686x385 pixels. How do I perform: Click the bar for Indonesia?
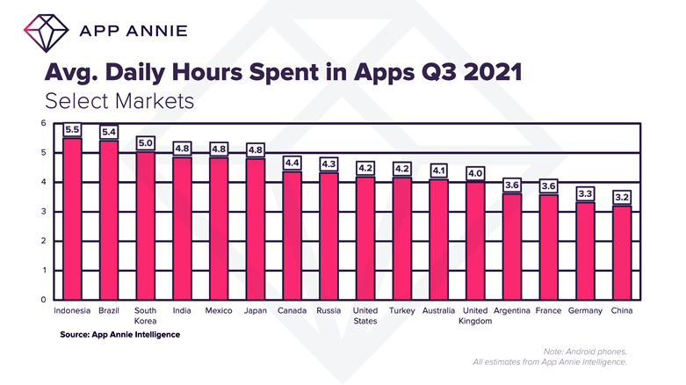tap(73, 219)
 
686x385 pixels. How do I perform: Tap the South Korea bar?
tap(146, 226)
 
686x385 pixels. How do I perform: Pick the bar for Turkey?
tap(401, 238)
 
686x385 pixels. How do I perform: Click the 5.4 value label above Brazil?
tap(110, 132)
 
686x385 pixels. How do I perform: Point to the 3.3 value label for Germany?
tap(584, 193)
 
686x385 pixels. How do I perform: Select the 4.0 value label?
tap(474, 173)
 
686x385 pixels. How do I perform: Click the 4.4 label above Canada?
tap(292, 163)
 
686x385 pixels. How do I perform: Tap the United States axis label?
tap(365, 316)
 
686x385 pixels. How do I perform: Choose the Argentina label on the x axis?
tap(511, 311)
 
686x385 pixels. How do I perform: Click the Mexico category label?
tap(219, 311)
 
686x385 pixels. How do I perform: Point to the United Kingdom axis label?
tap(474, 316)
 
